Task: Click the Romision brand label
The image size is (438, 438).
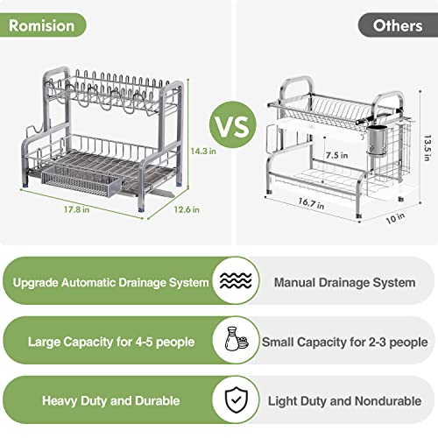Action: [x=42, y=25]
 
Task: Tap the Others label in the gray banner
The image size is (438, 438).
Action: [x=398, y=25]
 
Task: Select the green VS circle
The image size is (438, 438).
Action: [x=233, y=124]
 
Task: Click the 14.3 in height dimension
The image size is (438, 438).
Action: [x=203, y=151]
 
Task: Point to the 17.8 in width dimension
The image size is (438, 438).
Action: [x=77, y=209]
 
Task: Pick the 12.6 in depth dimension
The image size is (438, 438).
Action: [x=187, y=209]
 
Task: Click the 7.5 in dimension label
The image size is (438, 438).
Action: [x=337, y=155]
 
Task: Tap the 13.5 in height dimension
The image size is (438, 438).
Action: [x=427, y=148]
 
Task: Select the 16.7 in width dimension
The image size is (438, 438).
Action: [x=311, y=203]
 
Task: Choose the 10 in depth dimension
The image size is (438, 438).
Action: [x=395, y=218]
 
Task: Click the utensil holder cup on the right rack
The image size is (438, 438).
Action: [x=377, y=140]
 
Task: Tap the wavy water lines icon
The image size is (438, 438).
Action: [x=236, y=280]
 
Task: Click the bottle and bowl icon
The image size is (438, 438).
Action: [x=237, y=339]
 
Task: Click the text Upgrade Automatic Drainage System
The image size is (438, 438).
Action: [x=111, y=283]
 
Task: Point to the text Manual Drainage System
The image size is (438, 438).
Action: [x=344, y=283]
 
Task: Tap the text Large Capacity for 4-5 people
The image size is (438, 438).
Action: [x=111, y=342]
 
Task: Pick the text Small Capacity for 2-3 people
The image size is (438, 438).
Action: [x=344, y=342]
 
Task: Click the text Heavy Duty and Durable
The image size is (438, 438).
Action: [x=111, y=401]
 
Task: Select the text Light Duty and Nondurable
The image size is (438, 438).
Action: [x=344, y=401]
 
